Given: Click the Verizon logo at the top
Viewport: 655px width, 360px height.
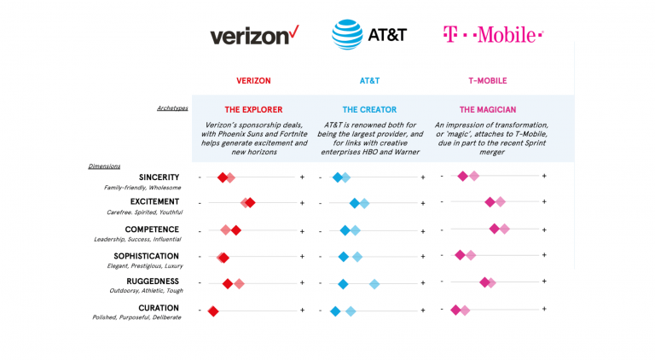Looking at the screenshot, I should coord(255,35).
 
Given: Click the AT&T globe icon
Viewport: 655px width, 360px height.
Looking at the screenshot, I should coord(346,35).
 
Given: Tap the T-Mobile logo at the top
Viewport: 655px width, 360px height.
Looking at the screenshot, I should coord(493,35).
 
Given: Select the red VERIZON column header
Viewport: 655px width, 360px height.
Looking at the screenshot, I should coord(253,81).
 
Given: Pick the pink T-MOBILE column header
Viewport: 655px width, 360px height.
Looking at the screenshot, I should coord(488,81).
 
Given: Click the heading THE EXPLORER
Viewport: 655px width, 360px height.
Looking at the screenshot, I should coord(253,110).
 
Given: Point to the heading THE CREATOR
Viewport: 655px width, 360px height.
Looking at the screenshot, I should coord(370,110).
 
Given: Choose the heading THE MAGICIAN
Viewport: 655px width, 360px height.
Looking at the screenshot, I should coord(488,110).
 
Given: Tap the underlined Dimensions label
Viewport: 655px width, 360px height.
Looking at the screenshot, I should coord(103,165).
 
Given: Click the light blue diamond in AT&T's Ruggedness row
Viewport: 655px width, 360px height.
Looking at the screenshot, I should coord(374,284).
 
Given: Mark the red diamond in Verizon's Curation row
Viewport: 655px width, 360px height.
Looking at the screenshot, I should coord(213,311).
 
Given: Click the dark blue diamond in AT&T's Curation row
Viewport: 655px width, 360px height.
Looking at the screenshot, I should coord(335,311).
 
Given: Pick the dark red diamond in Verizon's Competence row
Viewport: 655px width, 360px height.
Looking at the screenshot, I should coord(236,230).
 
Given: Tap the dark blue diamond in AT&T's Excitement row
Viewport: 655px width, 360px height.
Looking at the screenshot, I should coord(354,203).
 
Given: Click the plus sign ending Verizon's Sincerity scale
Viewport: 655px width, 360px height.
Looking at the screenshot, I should coord(303,177).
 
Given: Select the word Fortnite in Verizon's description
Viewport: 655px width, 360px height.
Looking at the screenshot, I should coord(278,133).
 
